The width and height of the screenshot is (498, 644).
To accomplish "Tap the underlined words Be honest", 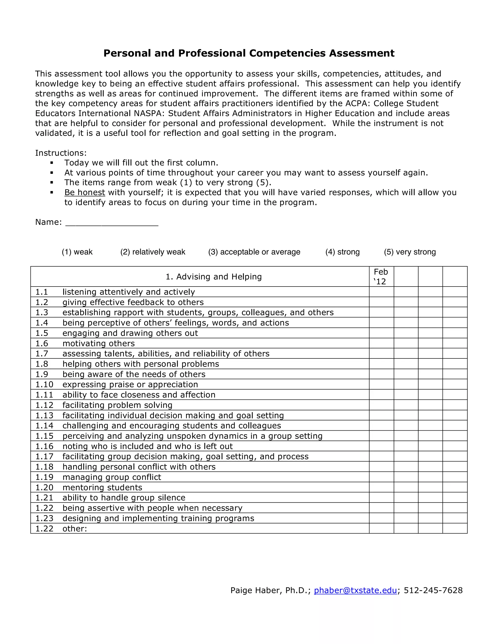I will point(85,192).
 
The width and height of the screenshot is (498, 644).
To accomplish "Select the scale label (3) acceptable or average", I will point(254,252).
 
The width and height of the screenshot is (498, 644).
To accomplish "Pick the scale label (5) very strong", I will point(410,252).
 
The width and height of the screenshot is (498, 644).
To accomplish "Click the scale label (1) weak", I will point(77,252).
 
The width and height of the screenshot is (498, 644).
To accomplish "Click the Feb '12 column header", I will point(381,277).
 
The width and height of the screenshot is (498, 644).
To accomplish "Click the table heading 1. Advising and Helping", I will point(213,277).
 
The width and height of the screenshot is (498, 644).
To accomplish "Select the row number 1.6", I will point(42,344).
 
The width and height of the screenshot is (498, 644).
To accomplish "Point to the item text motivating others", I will point(98,344).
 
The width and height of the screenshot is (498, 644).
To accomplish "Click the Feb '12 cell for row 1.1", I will point(381,292).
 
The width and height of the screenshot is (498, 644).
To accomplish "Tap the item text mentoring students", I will point(102,487).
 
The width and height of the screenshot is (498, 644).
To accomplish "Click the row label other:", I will point(75,529).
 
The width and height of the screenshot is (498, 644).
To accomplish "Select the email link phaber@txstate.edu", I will point(355,590).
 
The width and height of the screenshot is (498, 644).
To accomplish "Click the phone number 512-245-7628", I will point(433,590).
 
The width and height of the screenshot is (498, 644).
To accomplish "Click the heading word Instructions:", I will point(61,153).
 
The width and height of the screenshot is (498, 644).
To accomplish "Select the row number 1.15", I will point(44,436).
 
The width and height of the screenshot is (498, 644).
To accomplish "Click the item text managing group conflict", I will point(112,477).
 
